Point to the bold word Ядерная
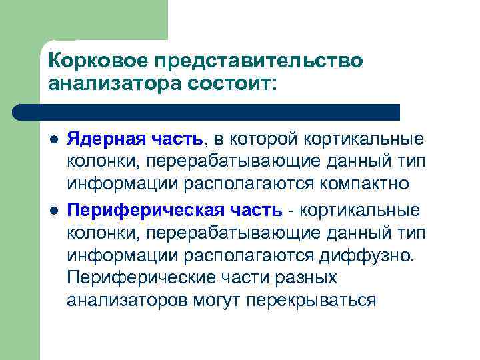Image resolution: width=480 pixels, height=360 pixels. [101, 139]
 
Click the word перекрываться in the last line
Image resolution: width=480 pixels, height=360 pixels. [311, 300]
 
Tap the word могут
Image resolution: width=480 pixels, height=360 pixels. [215, 300]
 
